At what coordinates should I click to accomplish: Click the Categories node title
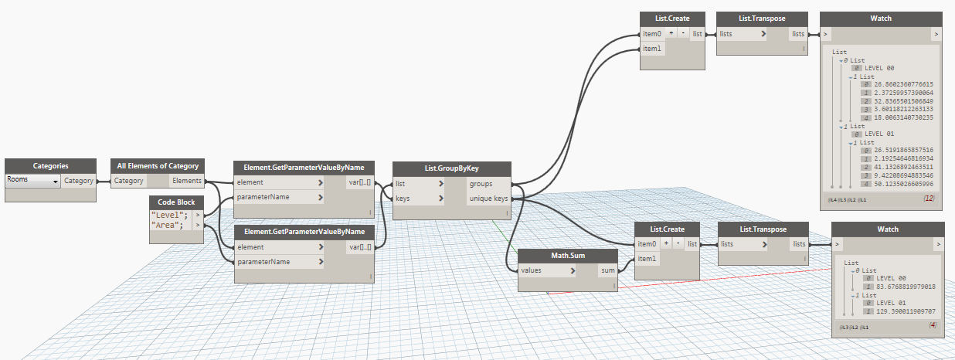50,165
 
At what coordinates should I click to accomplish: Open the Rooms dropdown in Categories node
32,181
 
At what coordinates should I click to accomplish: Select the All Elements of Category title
158,165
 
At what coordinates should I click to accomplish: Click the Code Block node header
177,202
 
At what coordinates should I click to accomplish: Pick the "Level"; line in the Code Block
170,214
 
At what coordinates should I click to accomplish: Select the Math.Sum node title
567,255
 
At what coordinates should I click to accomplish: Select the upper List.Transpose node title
763,19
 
